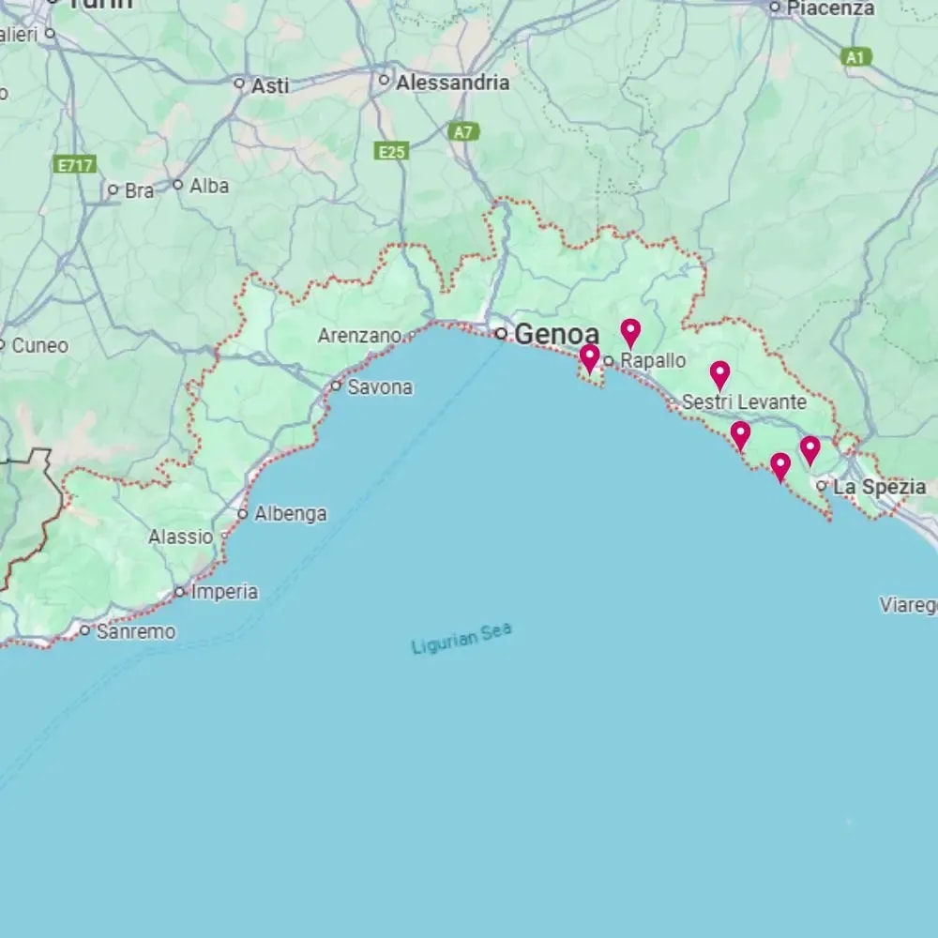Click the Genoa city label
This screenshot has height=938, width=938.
[556, 334]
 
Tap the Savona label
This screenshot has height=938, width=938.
[380, 386]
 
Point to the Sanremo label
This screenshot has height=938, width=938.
[135, 632]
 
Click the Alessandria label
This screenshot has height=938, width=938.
[452, 83]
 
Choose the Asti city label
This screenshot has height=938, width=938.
[270, 85]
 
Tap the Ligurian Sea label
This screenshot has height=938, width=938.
[461, 639]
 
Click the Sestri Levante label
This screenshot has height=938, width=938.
[744, 402]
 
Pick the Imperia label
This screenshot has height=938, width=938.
[224, 592]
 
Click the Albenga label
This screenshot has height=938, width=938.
[291, 514]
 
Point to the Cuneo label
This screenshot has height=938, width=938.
[39, 346]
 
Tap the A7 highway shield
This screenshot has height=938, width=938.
[463, 132]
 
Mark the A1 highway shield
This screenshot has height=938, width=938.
[855, 57]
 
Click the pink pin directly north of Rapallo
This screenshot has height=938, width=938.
[630, 331]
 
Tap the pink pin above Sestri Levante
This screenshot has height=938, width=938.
[719, 374]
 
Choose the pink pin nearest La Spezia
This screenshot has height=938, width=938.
[809, 449]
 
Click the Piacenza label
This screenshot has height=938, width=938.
[829, 8]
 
